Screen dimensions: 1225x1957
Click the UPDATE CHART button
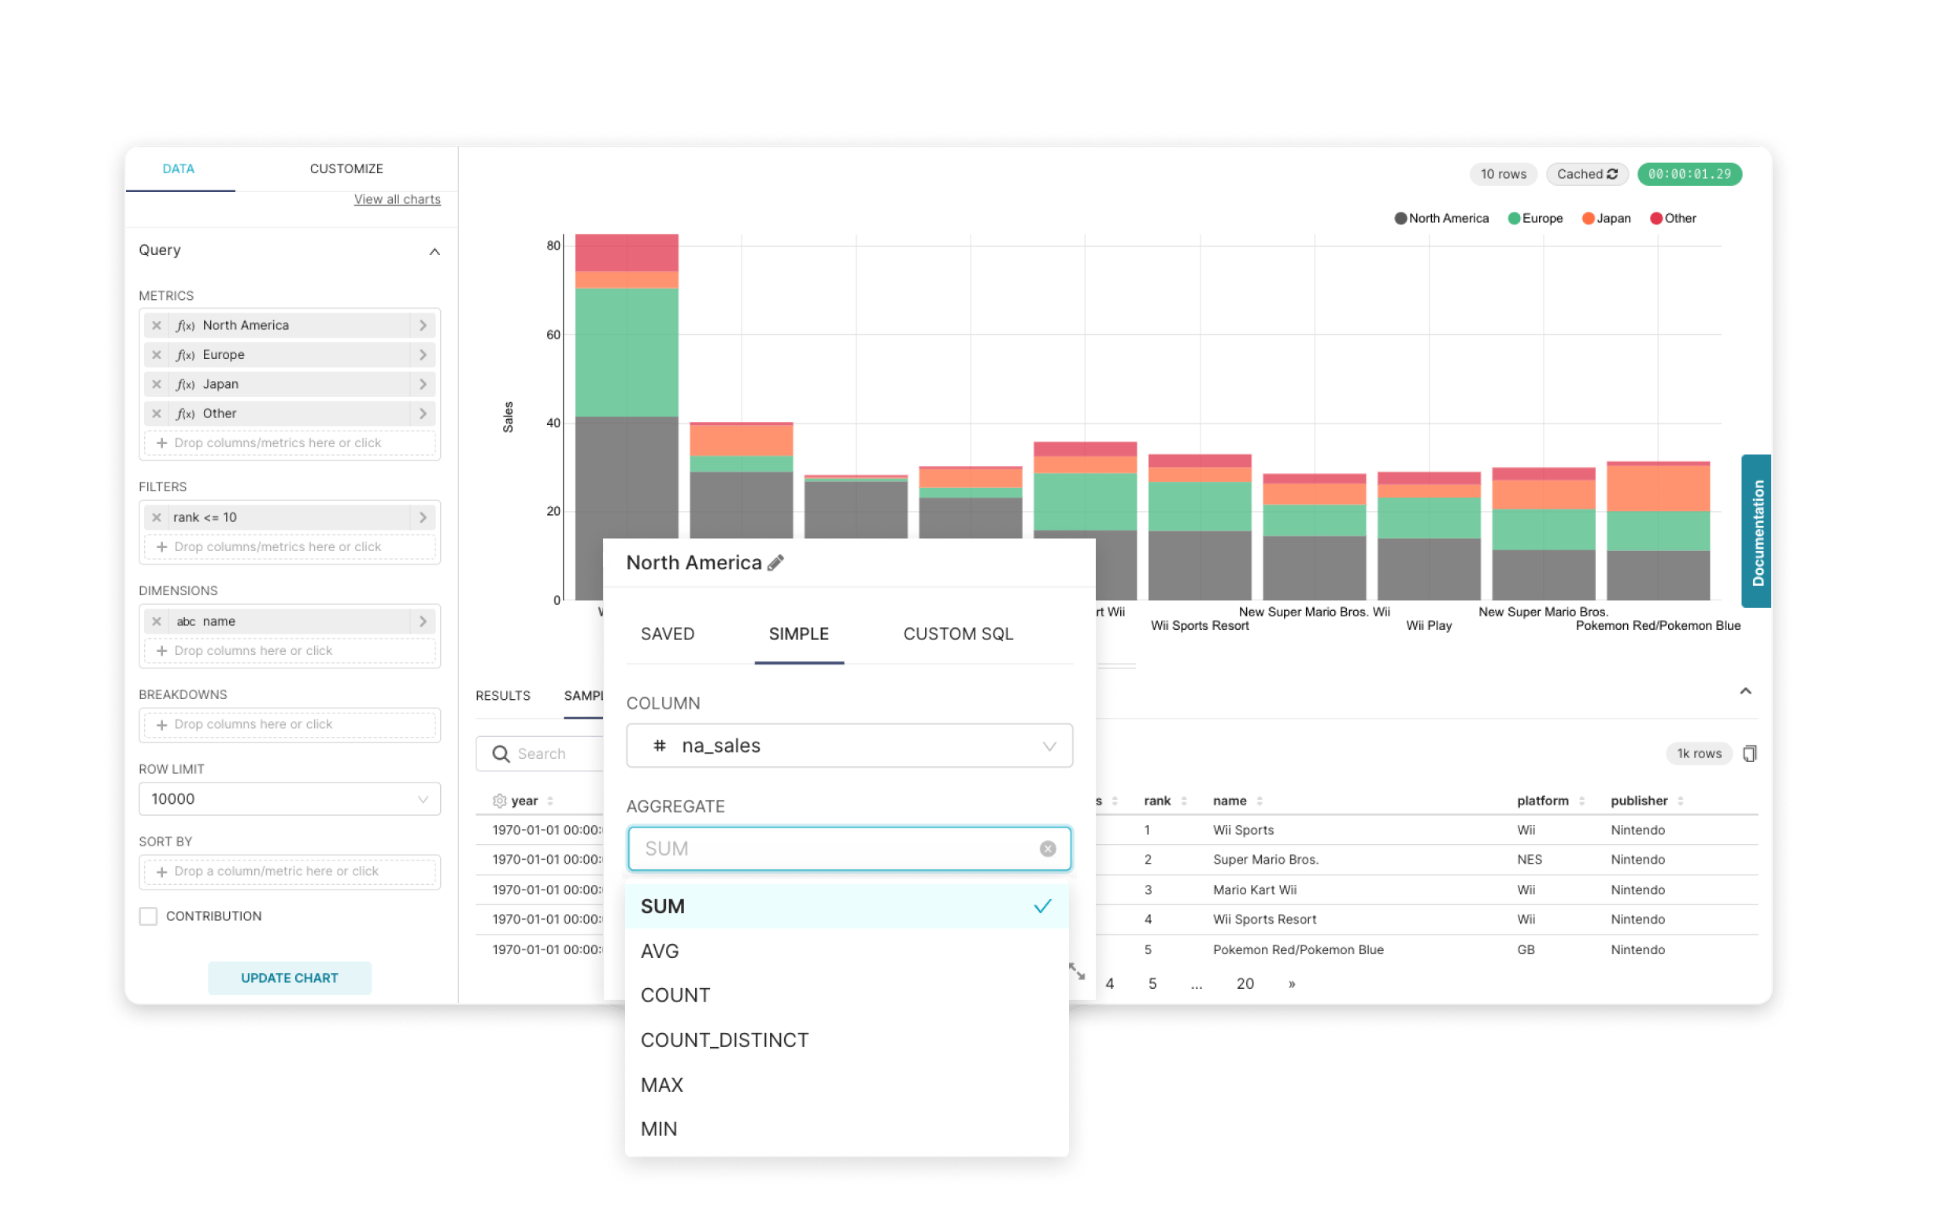tap(289, 978)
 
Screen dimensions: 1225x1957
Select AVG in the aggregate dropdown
tap(660, 951)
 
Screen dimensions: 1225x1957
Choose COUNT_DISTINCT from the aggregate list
tap(724, 1040)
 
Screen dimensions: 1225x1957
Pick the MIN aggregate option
tap(659, 1130)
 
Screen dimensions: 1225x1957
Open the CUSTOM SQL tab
tap(958, 635)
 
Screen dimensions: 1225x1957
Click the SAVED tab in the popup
tap(668, 635)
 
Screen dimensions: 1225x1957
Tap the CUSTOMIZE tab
tap(346, 168)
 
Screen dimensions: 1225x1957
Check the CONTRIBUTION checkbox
tap(148, 916)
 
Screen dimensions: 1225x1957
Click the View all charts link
tap(397, 199)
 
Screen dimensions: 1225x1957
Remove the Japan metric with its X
tap(157, 384)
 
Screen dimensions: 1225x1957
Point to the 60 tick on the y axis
tap(553, 335)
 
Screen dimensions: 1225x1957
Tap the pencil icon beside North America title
tap(776, 563)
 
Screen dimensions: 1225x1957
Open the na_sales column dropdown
tap(849, 746)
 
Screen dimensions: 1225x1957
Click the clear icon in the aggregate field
tap(1047, 848)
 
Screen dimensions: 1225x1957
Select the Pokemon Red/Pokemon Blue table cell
tap(1297, 949)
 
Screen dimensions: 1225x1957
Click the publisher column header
tap(1639, 801)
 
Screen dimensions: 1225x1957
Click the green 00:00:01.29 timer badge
tap(1689, 174)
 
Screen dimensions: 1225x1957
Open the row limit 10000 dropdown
tap(289, 799)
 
